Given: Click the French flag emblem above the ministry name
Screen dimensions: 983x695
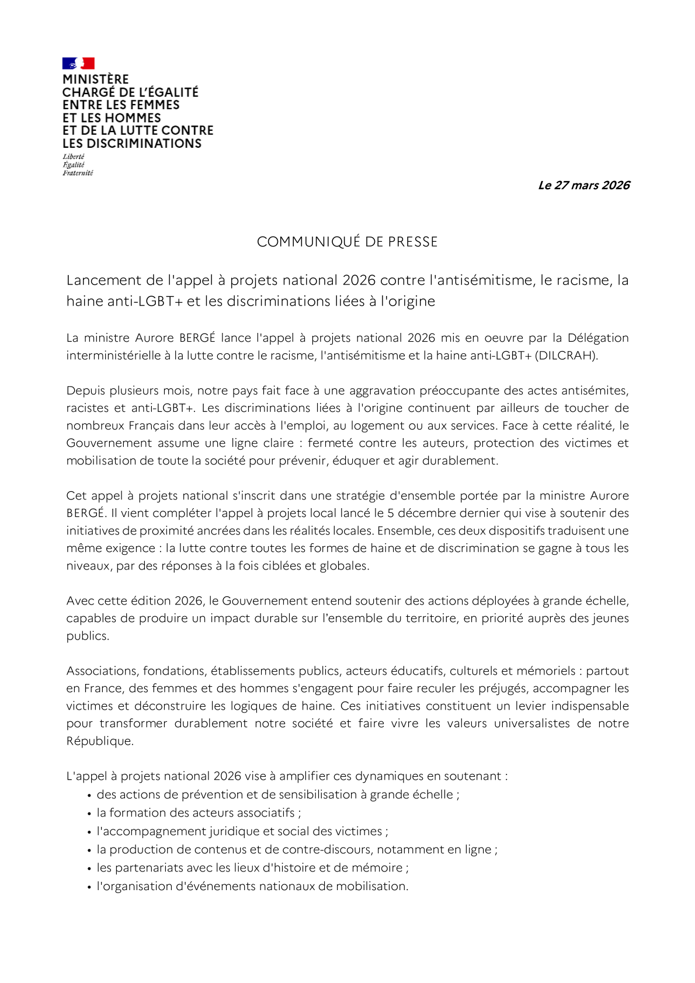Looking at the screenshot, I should [x=78, y=63].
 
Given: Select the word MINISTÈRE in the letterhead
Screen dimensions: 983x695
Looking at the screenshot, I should [x=95, y=79].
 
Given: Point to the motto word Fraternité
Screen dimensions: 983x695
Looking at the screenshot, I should [x=78, y=173].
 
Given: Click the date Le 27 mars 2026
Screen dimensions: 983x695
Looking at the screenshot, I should [x=583, y=185].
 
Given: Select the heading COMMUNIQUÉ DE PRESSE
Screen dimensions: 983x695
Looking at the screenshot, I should [x=347, y=242].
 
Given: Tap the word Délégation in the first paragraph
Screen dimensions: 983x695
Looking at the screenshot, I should [x=598, y=338].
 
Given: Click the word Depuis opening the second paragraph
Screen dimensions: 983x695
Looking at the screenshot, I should [x=84, y=390].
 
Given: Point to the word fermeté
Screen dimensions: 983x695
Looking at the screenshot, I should [x=330, y=443].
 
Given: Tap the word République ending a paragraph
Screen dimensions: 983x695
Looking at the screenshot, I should [x=99, y=741].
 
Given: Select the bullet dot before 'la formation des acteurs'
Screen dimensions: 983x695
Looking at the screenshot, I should [x=90, y=813].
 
